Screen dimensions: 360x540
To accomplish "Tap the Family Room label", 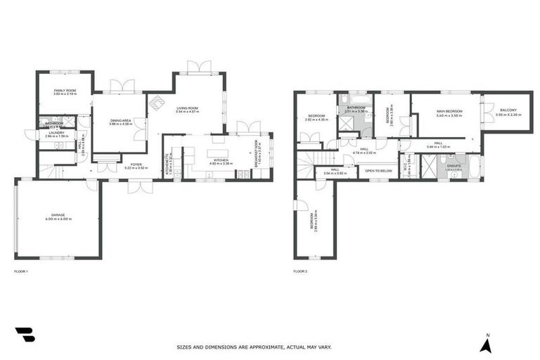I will coord(66,91).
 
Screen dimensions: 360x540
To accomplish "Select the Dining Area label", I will coord(121,120).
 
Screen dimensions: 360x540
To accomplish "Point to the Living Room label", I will coord(187,108).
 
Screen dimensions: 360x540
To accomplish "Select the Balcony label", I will coord(508,110).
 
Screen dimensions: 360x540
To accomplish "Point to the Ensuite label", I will coord(454,165).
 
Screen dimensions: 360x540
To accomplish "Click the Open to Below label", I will coord(378,170).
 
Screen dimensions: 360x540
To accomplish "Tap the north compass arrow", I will coord(484,345).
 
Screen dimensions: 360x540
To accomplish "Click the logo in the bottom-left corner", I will coord(25,335).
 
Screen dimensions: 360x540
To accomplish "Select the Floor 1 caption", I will coord(21,271).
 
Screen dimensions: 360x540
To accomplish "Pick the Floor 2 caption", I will coord(301,271).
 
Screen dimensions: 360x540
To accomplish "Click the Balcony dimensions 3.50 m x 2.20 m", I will coord(508,115).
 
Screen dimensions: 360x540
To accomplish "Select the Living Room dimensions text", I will coord(187,112).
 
